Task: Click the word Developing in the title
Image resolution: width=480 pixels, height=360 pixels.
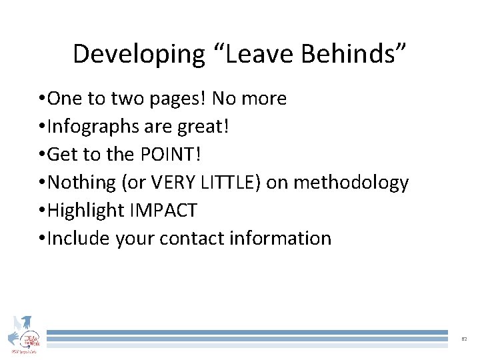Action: (139, 54)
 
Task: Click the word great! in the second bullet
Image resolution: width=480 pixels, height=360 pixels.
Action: (207, 127)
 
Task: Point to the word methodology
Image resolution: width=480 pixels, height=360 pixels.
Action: (352, 182)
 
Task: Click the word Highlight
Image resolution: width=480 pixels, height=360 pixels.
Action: (87, 210)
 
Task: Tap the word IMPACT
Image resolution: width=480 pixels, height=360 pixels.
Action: (163, 210)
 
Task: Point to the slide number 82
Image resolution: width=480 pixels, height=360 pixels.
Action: (464, 339)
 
